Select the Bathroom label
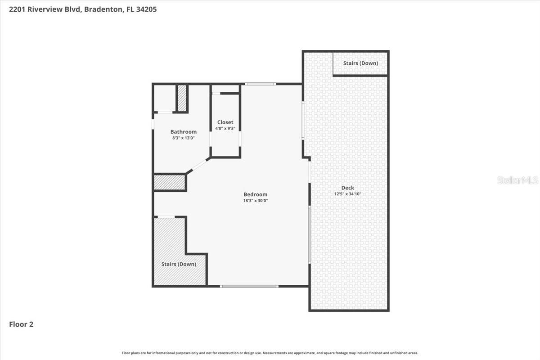tap(183, 132)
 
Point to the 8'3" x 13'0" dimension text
tap(183, 138)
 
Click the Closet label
tap(225, 122)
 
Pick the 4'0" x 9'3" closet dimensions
tap(225, 129)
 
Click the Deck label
tap(347, 188)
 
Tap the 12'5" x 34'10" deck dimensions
tap(347, 194)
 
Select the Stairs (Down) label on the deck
tap(360, 63)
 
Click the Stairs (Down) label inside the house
tap(179, 264)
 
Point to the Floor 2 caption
tap(21, 324)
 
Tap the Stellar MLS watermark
tap(517, 180)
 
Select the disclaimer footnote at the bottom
tap(270, 353)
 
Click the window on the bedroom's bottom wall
tap(249, 286)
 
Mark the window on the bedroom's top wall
tap(260, 84)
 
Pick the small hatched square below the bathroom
tap(170, 183)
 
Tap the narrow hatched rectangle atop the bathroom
tap(182, 98)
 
